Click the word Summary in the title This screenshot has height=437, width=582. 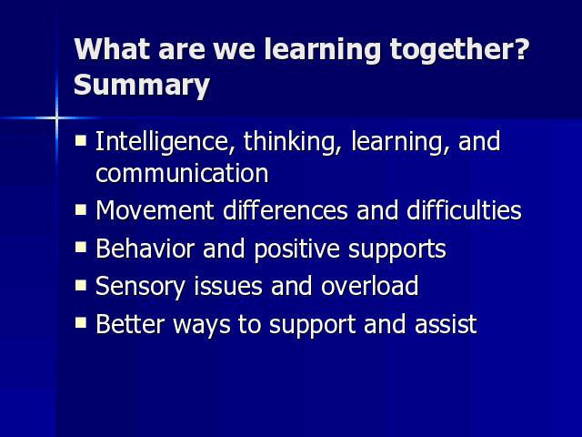pyautogui.click(x=142, y=86)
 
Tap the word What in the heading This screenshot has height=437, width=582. pyautogui.click(x=111, y=49)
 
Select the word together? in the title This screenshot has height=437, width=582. pyautogui.click(x=459, y=51)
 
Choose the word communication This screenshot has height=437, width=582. pyautogui.click(x=182, y=173)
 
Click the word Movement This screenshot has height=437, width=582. pyautogui.click(x=155, y=210)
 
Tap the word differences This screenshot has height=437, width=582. pyautogui.click(x=285, y=210)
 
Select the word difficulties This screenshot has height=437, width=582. pyautogui.click(x=464, y=210)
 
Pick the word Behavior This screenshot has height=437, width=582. pyautogui.click(x=145, y=249)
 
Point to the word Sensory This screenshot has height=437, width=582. pyautogui.click(x=140, y=287)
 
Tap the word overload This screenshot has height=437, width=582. pyautogui.click(x=370, y=285)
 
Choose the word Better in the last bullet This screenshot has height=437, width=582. pyautogui.click(x=130, y=324)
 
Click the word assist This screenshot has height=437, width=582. pyautogui.click(x=446, y=324)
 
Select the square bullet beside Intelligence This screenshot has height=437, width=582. pyautogui.click(x=81, y=140)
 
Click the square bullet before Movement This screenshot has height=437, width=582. pyautogui.click(x=81, y=210)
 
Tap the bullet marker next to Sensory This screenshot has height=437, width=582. pyautogui.click(x=81, y=285)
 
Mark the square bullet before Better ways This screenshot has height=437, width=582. pyautogui.click(x=81, y=323)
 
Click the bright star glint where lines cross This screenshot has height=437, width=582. pyautogui.click(x=56, y=118)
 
